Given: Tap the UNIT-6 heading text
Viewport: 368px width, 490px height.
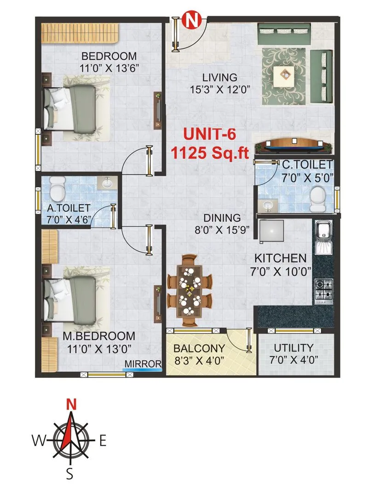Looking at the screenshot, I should click(203, 134).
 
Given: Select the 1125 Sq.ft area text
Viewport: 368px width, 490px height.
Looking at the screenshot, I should click(203, 152).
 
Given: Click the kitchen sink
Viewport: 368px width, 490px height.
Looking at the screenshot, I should click(324, 236).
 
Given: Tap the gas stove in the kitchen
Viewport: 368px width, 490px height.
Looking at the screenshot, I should click(324, 289).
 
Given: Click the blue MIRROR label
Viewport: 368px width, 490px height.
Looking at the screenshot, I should click(143, 363).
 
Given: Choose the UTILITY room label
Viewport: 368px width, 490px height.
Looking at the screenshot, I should click(293, 348).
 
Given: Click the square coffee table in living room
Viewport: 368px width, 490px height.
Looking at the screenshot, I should click(286, 75).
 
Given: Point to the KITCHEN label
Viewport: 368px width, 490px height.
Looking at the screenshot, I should click(281, 258).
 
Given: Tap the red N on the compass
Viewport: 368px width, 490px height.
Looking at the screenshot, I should click(71, 404).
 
